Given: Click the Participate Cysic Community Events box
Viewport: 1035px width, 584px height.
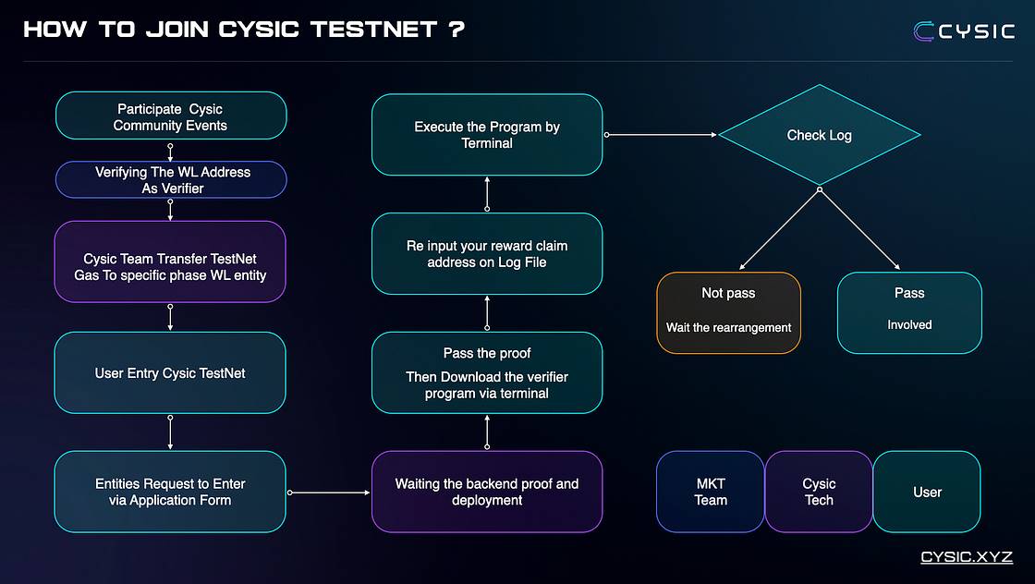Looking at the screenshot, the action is click(171, 116).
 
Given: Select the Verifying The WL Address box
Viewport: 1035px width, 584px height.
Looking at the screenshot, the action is click(171, 179).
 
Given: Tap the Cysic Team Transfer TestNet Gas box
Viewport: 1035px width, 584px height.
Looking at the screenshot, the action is click(170, 262).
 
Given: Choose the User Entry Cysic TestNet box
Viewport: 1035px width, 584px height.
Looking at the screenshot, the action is click(170, 372).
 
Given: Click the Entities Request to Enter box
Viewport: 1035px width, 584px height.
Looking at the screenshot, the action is click(170, 492).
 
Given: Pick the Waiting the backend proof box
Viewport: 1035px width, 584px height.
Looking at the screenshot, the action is click(487, 492).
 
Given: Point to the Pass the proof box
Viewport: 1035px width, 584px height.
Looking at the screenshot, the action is click(487, 372).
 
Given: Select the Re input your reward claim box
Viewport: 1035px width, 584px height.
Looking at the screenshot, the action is click(487, 254).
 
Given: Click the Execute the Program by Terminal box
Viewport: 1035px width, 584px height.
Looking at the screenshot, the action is click(487, 135).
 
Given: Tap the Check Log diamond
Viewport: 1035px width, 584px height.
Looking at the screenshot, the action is click(819, 135).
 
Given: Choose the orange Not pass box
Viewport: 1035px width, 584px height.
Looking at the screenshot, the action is click(729, 312).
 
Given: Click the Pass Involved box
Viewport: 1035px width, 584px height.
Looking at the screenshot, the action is click(909, 312).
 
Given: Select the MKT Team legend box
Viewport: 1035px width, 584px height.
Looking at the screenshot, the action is click(711, 492).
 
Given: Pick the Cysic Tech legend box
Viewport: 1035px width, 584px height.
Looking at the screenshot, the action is click(819, 492).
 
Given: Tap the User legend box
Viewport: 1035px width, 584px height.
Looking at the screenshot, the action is click(927, 492).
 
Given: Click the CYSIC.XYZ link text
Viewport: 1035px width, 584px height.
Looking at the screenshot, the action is click(967, 557).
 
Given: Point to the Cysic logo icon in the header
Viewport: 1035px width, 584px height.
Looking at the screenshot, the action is click(923, 31).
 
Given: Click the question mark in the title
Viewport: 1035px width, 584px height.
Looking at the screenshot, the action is click(457, 29).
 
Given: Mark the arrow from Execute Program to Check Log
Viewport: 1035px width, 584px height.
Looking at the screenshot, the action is click(661, 135).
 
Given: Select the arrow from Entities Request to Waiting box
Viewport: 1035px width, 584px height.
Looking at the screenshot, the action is click(329, 493).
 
